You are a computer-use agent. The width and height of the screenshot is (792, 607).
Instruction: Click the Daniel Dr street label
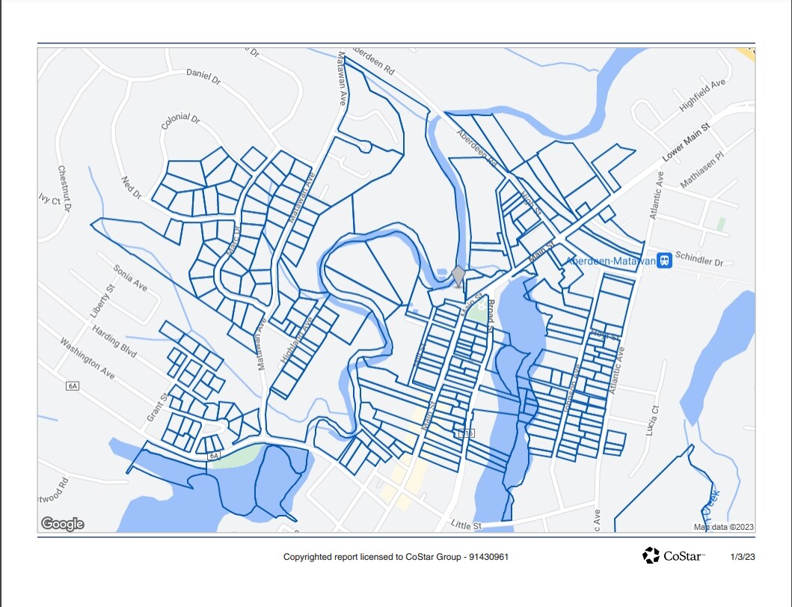(203, 76)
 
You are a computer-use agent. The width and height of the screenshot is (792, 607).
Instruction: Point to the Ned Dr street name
(132, 188)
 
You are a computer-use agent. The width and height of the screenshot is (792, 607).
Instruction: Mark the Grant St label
(156, 406)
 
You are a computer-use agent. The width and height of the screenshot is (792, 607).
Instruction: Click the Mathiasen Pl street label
(703, 171)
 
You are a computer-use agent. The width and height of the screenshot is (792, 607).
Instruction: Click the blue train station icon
(664, 260)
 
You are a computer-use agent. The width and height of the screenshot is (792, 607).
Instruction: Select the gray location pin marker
(458, 276)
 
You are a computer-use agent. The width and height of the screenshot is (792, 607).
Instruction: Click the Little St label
(467, 525)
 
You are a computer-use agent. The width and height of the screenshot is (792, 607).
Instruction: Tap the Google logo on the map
(62, 524)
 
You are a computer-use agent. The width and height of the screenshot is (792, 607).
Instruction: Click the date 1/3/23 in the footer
(742, 557)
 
